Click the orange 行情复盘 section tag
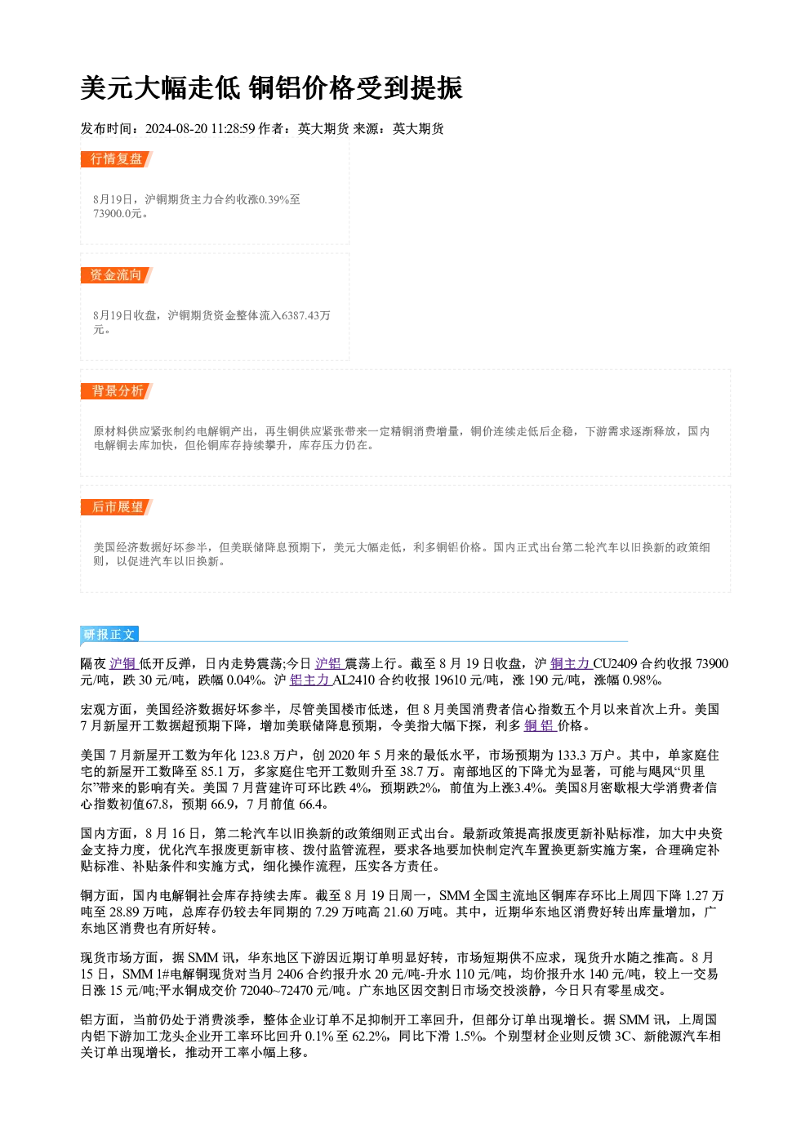click(116, 159)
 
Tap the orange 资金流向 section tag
click(116, 275)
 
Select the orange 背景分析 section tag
click(116, 391)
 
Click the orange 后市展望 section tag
click(116, 507)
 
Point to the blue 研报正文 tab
click(109, 635)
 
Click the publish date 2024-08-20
click(176, 128)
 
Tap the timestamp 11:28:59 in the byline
click(233, 128)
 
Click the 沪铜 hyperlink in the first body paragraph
click(122, 664)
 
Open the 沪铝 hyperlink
click(327, 664)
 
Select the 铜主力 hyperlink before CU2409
click(570, 664)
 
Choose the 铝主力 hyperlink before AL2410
click(310, 680)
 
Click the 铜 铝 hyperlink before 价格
click(540, 726)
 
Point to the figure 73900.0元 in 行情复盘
click(117, 214)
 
